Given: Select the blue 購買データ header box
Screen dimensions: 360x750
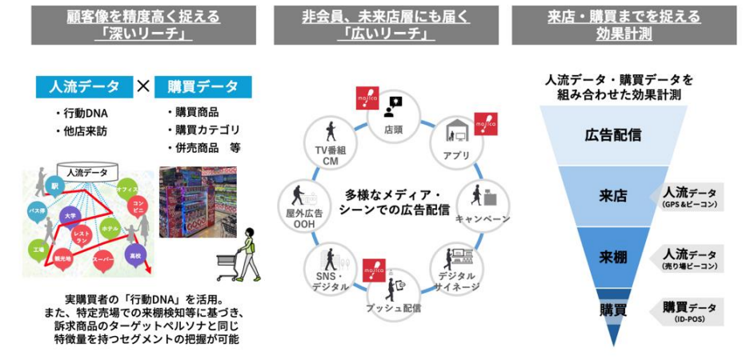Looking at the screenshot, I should [204, 86].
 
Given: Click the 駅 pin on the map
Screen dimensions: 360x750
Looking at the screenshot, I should [55, 185].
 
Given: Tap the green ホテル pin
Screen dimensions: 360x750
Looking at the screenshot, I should [110, 227].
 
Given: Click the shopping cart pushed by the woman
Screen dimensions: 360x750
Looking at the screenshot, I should [227, 268].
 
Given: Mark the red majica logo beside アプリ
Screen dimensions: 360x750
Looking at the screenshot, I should [486, 123].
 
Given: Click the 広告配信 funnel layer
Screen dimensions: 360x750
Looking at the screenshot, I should [612, 135].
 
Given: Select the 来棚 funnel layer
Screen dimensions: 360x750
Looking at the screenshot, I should [613, 257].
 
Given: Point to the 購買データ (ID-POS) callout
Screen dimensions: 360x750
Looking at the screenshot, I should [689, 311].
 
